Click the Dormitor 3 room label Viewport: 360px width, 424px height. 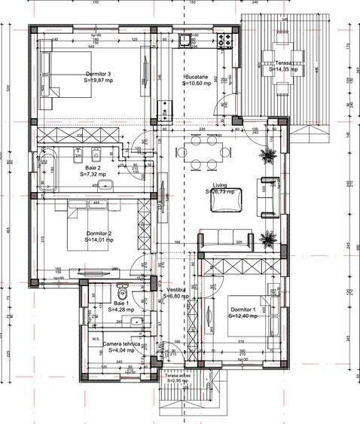click(x=99, y=74)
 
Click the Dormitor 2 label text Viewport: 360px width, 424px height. click(x=99, y=233)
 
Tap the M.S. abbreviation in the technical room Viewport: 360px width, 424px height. click(x=96, y=339)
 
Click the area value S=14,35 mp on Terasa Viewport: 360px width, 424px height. click(x=283, y=69)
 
